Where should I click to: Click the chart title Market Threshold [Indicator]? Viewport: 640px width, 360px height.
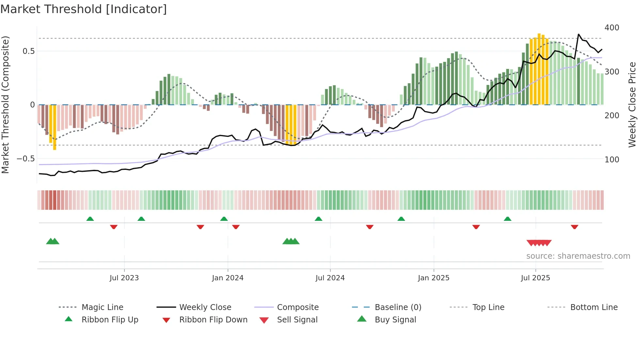coord(84,9)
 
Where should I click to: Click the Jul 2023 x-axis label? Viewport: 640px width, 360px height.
coord(124,278)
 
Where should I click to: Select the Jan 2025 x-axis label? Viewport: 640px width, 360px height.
coord(433,278)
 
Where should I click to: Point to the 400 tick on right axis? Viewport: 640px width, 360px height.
coord(612,28)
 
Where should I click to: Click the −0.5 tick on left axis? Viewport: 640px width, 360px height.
coord(25,159)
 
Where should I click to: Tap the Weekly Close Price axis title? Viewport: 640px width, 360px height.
coord(632,105)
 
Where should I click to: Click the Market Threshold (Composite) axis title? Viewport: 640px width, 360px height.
coord(5,105)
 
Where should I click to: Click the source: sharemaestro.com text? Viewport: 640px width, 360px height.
coord(578,256)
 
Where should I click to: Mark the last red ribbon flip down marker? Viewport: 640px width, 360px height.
coord(574,227)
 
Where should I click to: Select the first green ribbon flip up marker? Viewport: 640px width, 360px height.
coord(90,219)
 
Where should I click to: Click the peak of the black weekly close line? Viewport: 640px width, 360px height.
coord(579,34)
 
